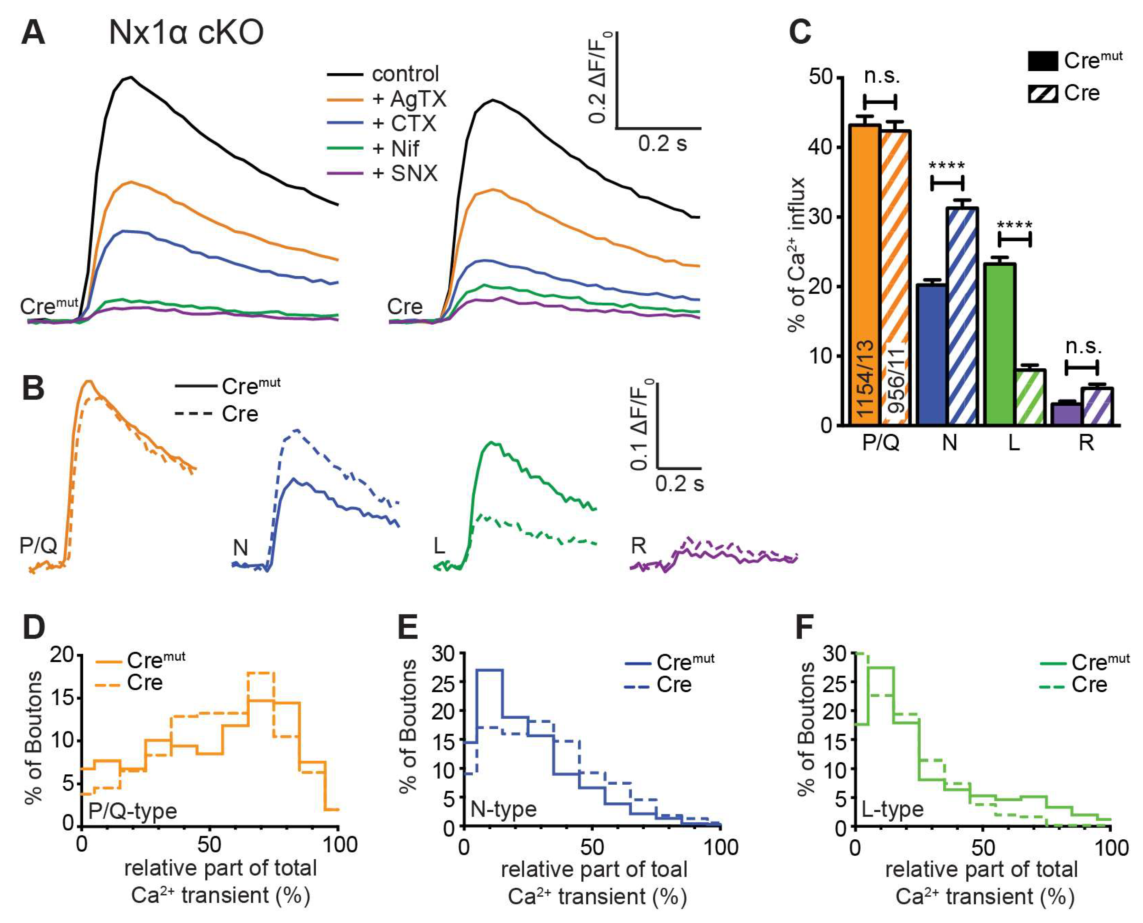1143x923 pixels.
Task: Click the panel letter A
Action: pos(33,33)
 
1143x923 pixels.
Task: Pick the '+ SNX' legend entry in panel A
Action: pos(405,173)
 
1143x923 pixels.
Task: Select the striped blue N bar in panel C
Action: pos(962,316)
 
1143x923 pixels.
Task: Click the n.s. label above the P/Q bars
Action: pos(881,76)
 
